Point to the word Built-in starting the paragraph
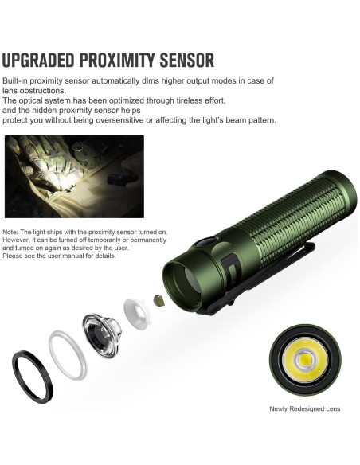[x=17, y=82]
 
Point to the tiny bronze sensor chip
[x=158, y=300]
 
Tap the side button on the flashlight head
[x=206, y=240]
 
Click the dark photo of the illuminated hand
[x=74, y=175]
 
